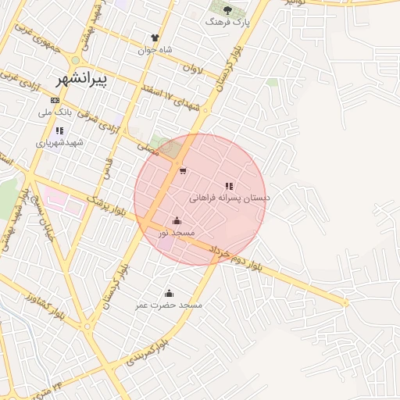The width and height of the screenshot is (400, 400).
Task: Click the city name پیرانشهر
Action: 82,79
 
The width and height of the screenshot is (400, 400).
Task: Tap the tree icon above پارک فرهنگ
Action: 227,10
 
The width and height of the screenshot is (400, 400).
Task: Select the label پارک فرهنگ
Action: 227,23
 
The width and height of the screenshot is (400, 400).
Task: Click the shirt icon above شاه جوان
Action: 155,37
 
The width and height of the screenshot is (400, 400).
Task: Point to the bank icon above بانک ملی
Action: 55,101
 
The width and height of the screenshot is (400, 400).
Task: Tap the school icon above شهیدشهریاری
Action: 59,130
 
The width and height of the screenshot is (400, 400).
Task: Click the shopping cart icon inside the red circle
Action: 182,170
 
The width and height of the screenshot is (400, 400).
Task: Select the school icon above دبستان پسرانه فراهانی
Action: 229,186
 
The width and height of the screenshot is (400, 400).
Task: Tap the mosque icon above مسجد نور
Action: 176,220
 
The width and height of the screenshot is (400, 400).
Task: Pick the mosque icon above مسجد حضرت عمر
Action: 169,293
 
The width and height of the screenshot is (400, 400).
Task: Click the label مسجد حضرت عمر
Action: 170,305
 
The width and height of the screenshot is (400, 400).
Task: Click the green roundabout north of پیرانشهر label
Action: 75,60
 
